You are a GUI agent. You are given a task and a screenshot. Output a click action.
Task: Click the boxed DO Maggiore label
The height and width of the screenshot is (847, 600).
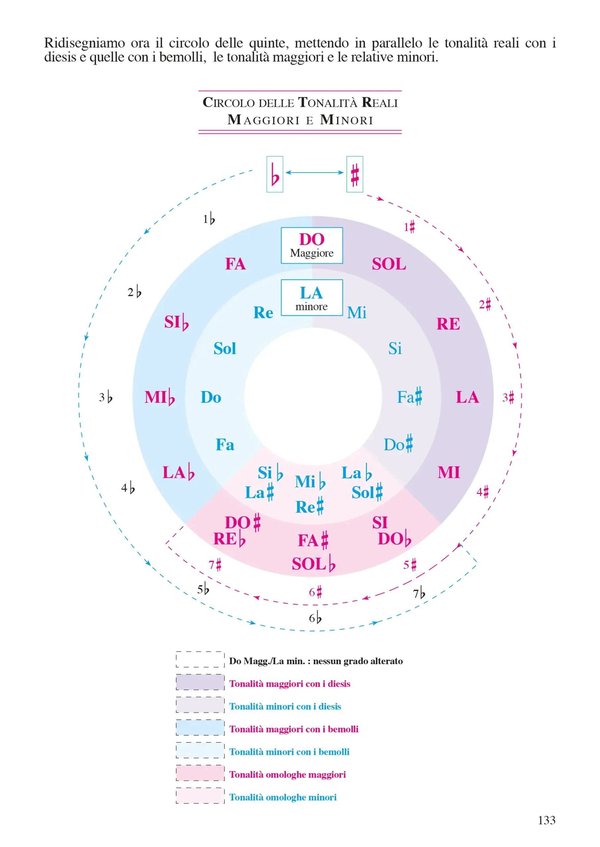(311, 245)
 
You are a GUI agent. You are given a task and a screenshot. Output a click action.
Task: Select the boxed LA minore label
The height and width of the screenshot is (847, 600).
(311, 297)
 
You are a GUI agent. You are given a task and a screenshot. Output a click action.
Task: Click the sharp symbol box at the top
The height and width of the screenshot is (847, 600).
(354, 174)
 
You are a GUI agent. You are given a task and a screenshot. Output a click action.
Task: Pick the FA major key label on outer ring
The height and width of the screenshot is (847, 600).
(235, 264)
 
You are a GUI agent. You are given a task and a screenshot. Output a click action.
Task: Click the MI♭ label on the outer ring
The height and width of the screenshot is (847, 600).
(159, 397)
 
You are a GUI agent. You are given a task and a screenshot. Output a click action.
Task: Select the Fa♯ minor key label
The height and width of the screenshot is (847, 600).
(409, 397)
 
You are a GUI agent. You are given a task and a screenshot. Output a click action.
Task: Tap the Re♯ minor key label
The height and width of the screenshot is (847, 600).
(309, 507)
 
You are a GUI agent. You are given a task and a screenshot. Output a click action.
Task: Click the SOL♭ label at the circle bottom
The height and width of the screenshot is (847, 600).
(313, 564)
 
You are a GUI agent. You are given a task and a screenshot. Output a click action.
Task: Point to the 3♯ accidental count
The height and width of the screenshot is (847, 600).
(508, 397)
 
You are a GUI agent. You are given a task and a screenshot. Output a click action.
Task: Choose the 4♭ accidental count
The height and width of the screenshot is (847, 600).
(128, 488)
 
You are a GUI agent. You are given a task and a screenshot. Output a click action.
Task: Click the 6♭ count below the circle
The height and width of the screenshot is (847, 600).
(315, 618)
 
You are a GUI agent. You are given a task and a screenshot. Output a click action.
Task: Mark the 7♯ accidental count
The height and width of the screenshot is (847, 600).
(215, 565)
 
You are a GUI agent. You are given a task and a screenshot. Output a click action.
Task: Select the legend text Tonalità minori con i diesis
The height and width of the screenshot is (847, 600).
(285, 706)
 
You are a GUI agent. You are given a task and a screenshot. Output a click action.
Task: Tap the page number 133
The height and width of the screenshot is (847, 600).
(546, 820)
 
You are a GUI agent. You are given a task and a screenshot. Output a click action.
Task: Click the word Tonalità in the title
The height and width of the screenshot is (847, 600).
(327, 103)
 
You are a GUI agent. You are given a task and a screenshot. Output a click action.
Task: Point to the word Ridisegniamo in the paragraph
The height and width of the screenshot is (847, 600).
(85, 43)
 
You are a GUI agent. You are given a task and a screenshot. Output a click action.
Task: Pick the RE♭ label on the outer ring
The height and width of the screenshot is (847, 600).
(229, 539)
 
